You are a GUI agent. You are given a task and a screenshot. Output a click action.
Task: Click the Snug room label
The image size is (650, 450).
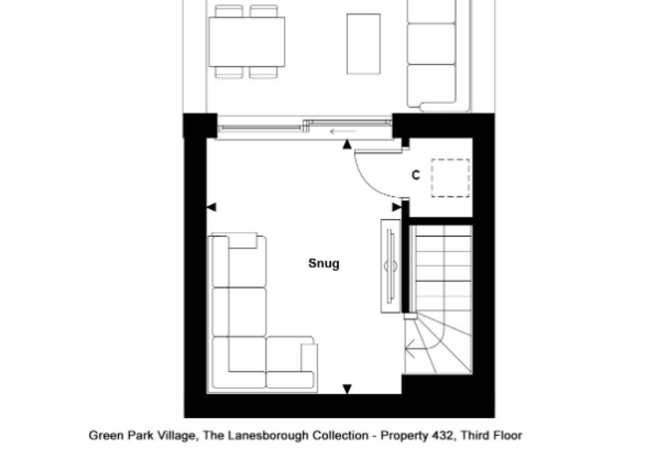click(x=324, y=264)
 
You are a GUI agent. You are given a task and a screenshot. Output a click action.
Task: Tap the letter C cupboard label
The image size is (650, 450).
click(x=416, y=175)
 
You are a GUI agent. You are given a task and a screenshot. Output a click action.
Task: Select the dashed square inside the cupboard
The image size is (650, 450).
click(x=451, y=178)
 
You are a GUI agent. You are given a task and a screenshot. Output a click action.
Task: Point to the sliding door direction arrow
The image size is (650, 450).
click(x=343, y=132)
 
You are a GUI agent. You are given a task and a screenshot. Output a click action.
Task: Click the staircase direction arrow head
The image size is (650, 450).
click(x=410, y=348)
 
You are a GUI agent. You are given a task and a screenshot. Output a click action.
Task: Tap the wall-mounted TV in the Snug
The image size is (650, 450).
click(x=390, y=266)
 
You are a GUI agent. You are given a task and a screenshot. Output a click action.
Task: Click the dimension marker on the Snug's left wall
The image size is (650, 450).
click(x=211, y=207)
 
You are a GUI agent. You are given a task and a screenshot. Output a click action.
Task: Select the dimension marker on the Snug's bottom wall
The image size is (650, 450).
click(x=347, y=389)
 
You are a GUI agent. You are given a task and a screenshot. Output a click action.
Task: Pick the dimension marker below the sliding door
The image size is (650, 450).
click(x=347, y=144)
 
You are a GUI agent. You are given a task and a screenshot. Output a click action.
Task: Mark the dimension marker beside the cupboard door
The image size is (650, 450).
click(x=397, y=207)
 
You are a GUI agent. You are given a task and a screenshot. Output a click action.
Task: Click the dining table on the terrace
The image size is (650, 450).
click(x=247, y=42)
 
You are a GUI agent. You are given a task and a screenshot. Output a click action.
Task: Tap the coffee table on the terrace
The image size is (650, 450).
click(x=364, y=44)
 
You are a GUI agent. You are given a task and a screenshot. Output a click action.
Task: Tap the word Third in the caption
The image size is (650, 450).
click(x=475, y=436)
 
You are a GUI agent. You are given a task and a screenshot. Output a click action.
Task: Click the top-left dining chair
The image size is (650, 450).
click(x=229, y=11)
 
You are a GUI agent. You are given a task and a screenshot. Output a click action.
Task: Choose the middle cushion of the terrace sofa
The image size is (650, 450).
click(x=431, y=44)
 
